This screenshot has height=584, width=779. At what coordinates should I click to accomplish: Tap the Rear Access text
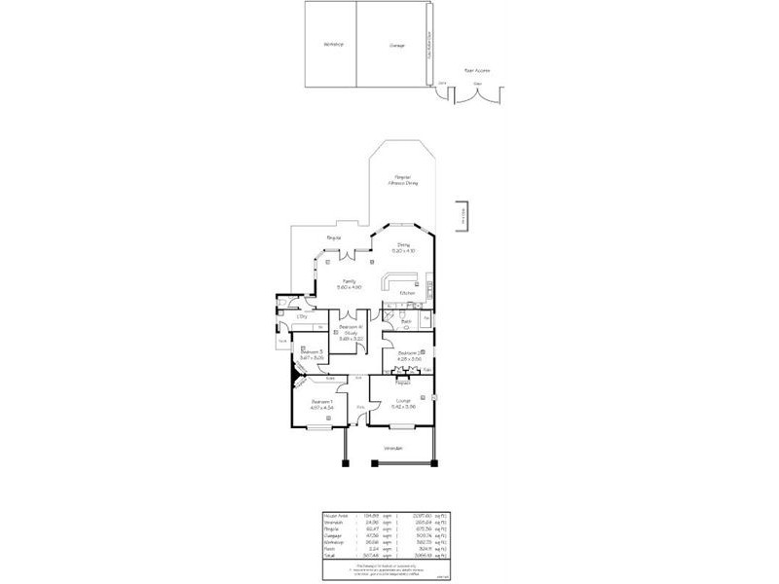coord(476,70)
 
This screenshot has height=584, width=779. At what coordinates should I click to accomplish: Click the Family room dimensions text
coord(350,287)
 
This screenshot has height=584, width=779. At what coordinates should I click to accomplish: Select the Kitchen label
coord(408,292)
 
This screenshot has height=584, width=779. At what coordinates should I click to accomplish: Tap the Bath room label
coord(406,320)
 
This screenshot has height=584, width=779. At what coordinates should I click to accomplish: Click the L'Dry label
coord(303,316)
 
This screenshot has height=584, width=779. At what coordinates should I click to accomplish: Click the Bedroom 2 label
coord(407,354)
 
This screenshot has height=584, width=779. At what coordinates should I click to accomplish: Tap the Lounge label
coord(402,402)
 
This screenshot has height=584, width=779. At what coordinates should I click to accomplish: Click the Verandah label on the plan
coord(393,448)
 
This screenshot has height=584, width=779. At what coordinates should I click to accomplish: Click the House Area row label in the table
coord(335,516)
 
